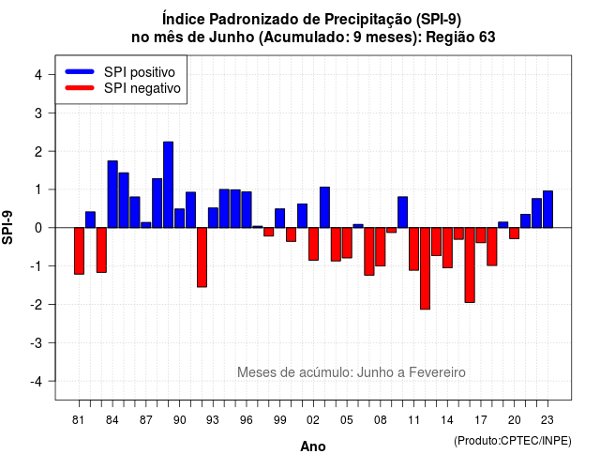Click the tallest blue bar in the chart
(x=169, y=185)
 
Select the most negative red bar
(x=425, y=268)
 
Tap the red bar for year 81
(x=79, y=250)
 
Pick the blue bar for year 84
(x=112, y=194)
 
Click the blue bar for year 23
(x=547, y=209)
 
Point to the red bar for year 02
(x=313, y=244)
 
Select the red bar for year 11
(x=414, y=249)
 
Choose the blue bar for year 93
(x=213, y=218)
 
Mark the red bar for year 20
(x=515, y=234)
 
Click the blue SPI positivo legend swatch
(x=80, y=71)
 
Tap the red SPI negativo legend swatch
(x=80, y=88)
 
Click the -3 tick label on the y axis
(x=37, y=342)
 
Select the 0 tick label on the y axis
(x=38, y=228)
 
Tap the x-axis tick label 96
(x=247, y=420)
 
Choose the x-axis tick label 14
(x=447, y=420)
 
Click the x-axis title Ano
(x=313, y=446)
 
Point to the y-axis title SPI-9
(x=7, y=227)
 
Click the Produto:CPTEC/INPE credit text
(x=513, y=441)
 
